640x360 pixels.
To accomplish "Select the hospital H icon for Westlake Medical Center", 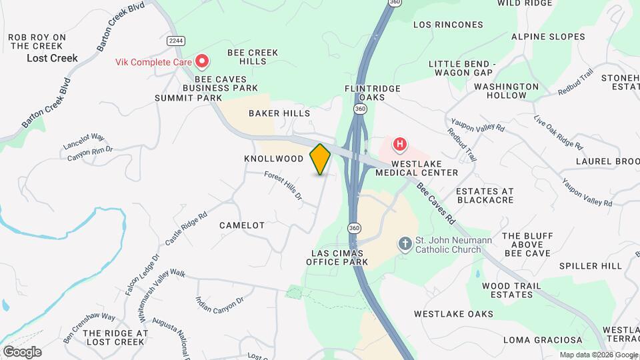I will [x=400, y=143].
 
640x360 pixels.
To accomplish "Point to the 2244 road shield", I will [x=176, y=41].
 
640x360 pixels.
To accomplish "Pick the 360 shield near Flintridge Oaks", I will [x=360, y=108].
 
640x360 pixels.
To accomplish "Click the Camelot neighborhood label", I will [x=242, y=225].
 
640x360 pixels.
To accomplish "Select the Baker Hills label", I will [x=279, y=113].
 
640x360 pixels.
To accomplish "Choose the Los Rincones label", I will [x=448, y=25].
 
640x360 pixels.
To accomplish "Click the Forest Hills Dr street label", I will [x=283, y=187].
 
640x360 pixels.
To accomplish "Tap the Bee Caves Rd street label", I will [x=437, y=203].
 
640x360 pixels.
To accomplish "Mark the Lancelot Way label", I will [x=83, y=141].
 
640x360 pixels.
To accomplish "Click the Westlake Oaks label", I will [x=453, y=314].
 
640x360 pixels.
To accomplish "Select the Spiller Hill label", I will [x=581, y=266].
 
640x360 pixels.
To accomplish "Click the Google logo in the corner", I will [x=22, y=351].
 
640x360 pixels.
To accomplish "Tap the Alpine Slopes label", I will [x=548, y=37].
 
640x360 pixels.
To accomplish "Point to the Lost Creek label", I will [x=52, y=58].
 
